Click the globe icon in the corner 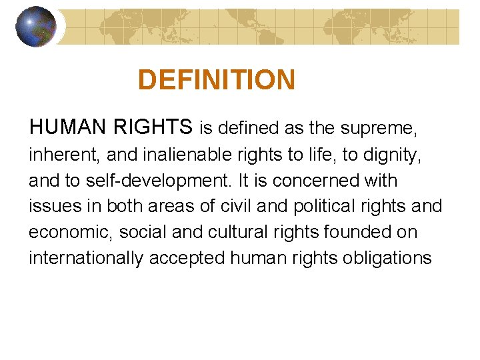35,27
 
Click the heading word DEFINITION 216,80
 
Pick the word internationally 86,258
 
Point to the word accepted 187,258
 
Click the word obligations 387,258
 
